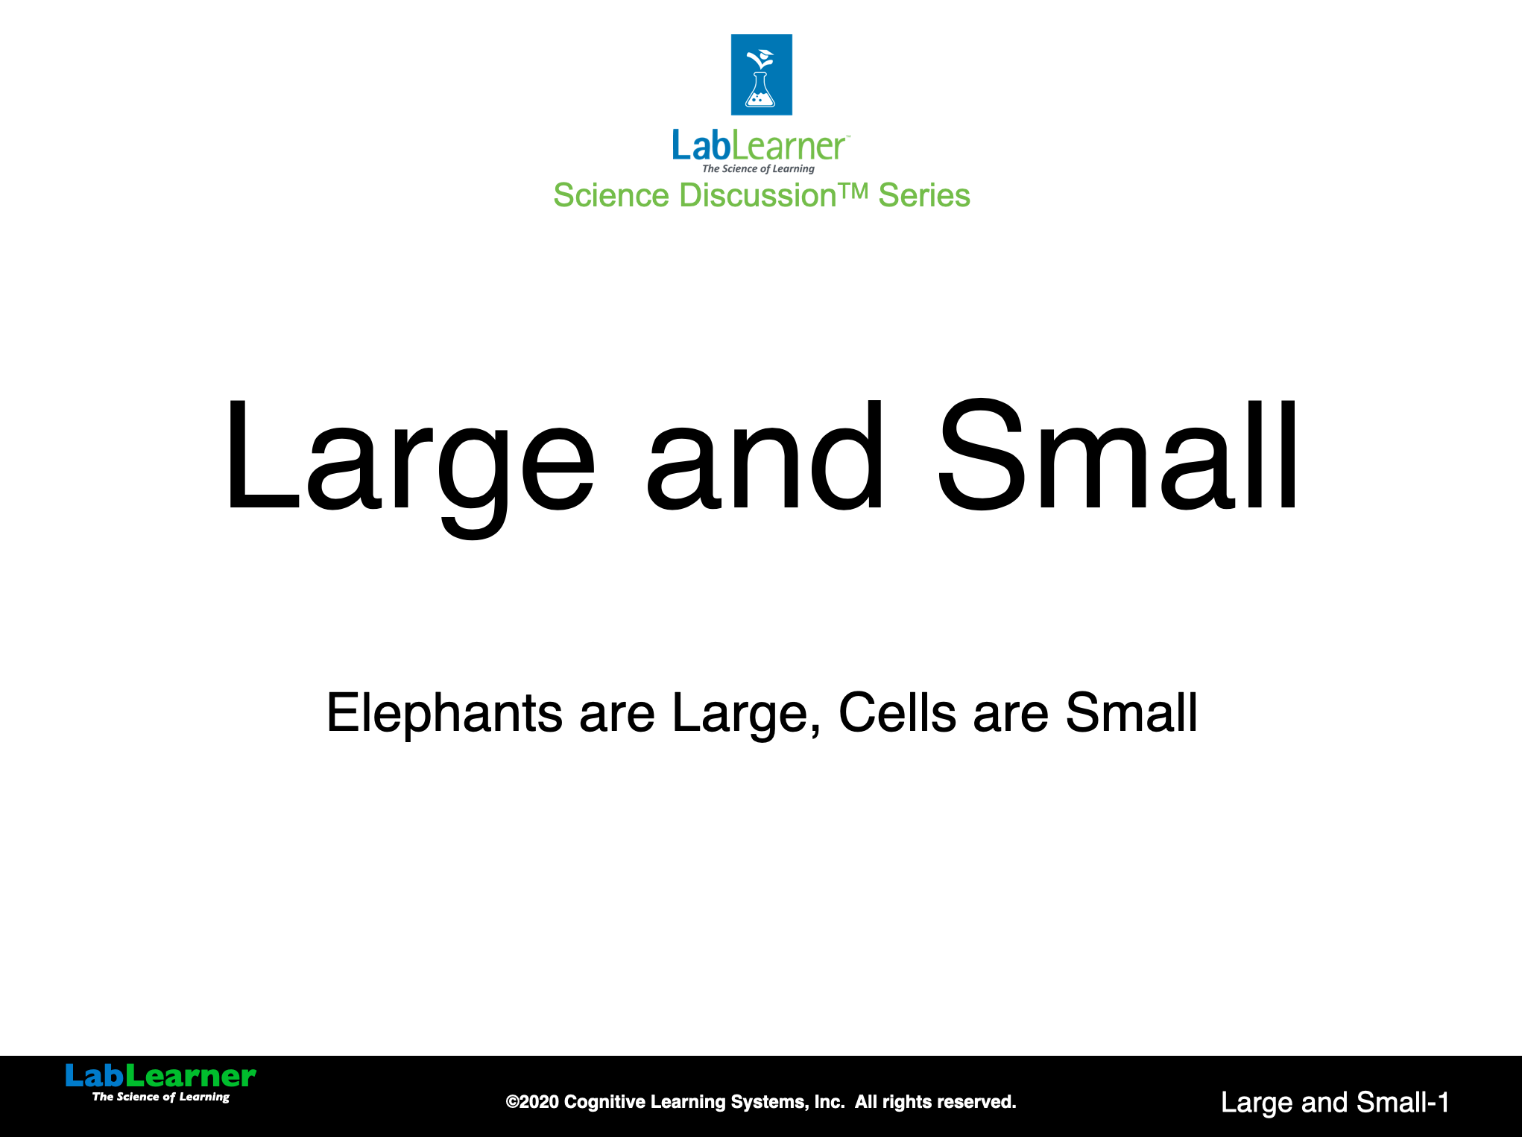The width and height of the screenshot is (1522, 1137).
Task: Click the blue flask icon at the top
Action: pyautogui.click(x=761, y=75)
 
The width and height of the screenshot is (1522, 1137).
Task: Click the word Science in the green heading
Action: pyautogui.click(x=611, y=195)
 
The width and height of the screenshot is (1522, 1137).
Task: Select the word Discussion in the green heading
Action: pyautogui.click(x=758, y=195)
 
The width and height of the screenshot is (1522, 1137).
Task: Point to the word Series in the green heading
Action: pyautogui.click(x=924, y=195)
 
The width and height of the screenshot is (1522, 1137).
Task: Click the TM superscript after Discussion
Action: pyautogui.click(x=853, y=191)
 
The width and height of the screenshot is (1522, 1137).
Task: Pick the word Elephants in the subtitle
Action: pyautogui.click(x=444, y=714)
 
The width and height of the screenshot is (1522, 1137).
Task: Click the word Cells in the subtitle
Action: pyautogui.click(x=897, y=712)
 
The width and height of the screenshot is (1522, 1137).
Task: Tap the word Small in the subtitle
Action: pyautogui.click(x=1131, y=712)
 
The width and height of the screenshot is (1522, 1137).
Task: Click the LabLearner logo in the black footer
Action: pyautogui.click(x=161, y=1083)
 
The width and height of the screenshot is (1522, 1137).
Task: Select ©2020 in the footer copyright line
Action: pyautogui.click(x=532, y=1102)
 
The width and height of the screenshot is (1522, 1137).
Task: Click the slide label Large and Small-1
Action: pyautogui.click(x=1335, y=1103)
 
